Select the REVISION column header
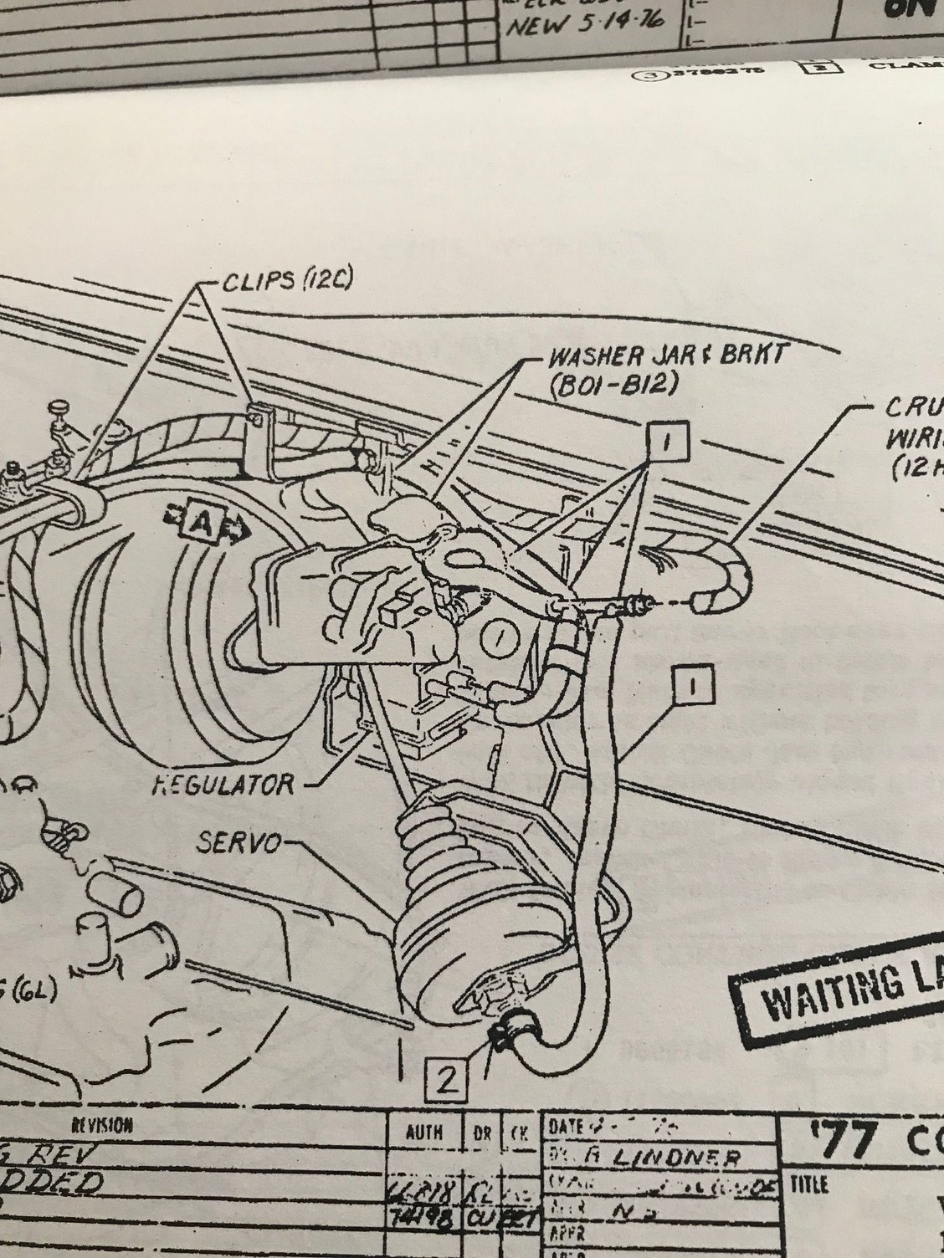pos(104,1124)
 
